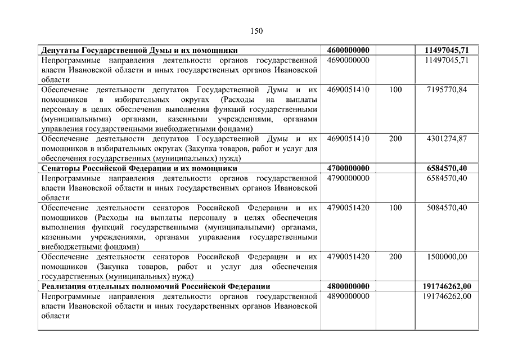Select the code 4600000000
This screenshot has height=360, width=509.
(348, 51)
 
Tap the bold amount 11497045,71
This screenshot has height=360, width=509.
(447, 51)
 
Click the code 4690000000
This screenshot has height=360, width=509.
(348, 60)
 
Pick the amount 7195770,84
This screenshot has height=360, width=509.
(447, 89)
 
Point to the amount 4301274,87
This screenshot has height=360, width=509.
(447, 138)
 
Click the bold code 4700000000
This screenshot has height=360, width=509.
(348, 168)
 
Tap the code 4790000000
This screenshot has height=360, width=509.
(348, 178)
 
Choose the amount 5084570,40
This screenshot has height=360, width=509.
(447, 208)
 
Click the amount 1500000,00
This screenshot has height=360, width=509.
(447, 256)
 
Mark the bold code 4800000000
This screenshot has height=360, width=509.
(348, 286)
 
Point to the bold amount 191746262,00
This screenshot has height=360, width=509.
(447, 286)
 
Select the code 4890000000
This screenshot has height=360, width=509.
(348, 296)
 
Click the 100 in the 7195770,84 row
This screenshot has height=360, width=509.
(395, 89)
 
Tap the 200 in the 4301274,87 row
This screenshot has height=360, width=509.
(395, 138)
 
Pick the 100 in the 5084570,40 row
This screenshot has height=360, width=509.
(395, 208)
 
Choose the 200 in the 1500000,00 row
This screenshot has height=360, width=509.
(395, 256)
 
